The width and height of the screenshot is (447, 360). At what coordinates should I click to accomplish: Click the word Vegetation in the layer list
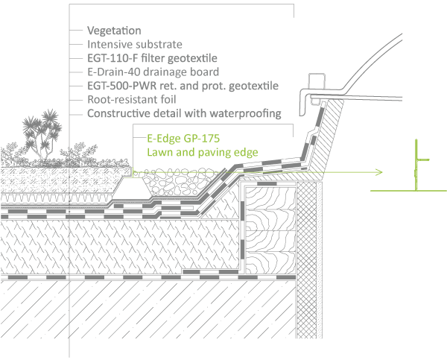[x=114, y=31]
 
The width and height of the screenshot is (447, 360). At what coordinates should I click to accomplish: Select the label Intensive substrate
[x=134, y=45]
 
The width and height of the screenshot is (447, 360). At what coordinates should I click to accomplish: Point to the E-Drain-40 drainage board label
[x=153, y=72]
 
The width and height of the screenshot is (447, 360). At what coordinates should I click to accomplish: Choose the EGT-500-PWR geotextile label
[x=183, y=86]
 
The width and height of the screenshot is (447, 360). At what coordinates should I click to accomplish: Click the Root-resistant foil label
[x=131, y=100]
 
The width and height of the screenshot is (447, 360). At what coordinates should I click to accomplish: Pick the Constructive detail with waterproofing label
[x=183, y=113]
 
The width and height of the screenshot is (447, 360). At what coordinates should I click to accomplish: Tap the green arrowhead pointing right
[x=378, y=173]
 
